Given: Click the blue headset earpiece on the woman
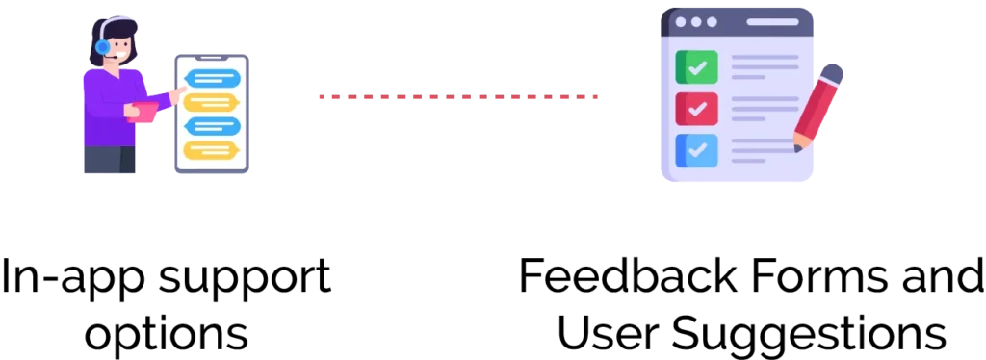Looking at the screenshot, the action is (102, 46).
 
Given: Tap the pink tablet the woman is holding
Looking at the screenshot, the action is (144, 112).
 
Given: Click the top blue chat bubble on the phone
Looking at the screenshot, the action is (212, 78).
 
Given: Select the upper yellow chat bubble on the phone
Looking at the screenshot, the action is (211, 102).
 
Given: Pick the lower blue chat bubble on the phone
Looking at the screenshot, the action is (212, 126).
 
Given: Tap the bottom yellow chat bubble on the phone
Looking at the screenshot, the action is (211, 150).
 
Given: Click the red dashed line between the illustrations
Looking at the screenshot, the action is (458, 96).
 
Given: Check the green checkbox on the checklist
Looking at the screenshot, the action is (696, 67).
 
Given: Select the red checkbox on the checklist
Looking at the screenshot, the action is (696, 109).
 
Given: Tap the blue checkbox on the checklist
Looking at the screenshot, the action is (696, 150).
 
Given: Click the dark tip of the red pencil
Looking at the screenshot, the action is (797, 147).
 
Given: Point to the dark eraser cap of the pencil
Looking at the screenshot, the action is (832, 74).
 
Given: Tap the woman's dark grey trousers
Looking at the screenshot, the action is (109, 160).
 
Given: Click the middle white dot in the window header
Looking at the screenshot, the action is (696, 21).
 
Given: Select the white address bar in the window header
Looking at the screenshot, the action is (772, 21).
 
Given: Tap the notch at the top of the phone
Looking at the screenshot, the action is (212, 60).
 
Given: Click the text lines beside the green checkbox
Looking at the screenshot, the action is (764, 65).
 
